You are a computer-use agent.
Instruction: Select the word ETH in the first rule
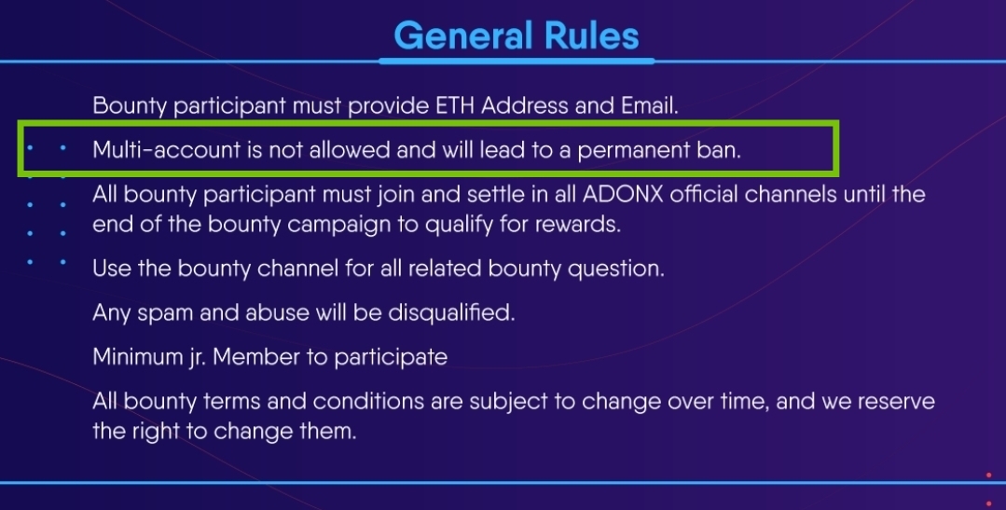pos(455,105)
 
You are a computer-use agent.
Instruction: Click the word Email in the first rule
pos(649,105)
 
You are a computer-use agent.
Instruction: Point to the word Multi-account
pos(167,149)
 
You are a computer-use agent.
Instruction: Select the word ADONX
pos(623,194)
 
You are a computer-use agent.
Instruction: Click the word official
pos(704,194)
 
